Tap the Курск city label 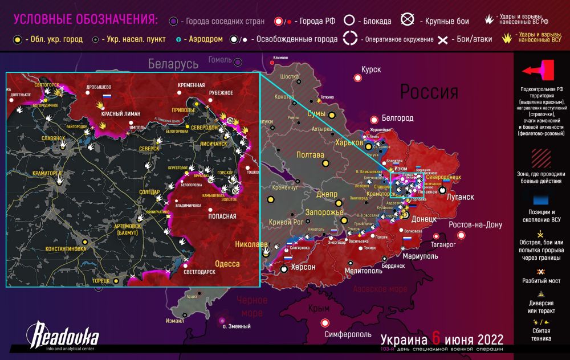(370, 69)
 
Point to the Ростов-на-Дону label (475, 224)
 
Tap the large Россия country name (429, 92)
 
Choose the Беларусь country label (173, 63)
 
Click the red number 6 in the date (437, 337)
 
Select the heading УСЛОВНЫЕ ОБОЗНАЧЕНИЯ (85, 19)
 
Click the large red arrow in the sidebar (537, 71)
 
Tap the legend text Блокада (376, 22)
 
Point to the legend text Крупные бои (447, 22)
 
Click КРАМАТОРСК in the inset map (35, 173)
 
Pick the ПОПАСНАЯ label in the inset (218, 216)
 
